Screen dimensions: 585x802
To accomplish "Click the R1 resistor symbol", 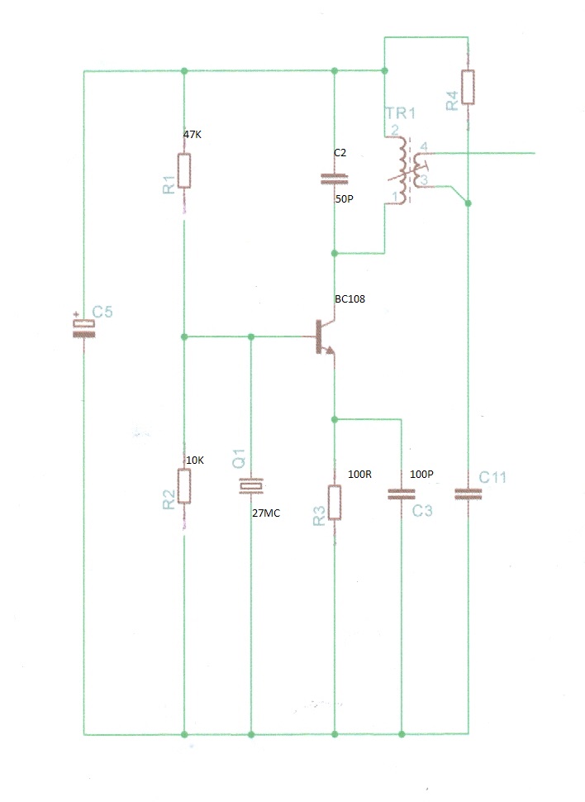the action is (x=184, y=171).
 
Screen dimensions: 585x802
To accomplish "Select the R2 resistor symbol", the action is (x=184, y=486).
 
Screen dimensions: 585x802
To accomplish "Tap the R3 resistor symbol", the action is (x=335, y=502).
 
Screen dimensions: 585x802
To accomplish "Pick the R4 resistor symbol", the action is (x=468, y=87).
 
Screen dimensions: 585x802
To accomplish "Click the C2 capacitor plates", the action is (x=335, y=179).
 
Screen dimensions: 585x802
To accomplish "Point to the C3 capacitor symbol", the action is (x=402, y=494).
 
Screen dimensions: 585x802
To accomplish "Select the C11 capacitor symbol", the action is (x=468, y=494).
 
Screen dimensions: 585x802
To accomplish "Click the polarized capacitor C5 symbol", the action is (x=83, y=328).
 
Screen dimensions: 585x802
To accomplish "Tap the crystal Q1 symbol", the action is (x=250, y=486).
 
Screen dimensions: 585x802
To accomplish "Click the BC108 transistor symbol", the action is (x=324, y=337).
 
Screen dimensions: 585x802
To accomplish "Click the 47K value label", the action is (x=193, y=135).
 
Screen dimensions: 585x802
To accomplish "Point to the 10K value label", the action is (x=195, y=461).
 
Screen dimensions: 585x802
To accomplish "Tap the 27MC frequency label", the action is (x=266, y=513).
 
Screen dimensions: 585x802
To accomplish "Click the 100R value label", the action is (x=360, y=474).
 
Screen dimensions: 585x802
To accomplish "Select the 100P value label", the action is (x=421, y=474).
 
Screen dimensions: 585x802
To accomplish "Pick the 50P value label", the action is (x=345, y=198).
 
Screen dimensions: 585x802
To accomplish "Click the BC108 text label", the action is (x=350, y=298).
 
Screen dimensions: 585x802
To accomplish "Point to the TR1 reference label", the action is (x=401, y=113).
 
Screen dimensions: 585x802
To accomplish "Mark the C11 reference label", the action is (x=492, y=477).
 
